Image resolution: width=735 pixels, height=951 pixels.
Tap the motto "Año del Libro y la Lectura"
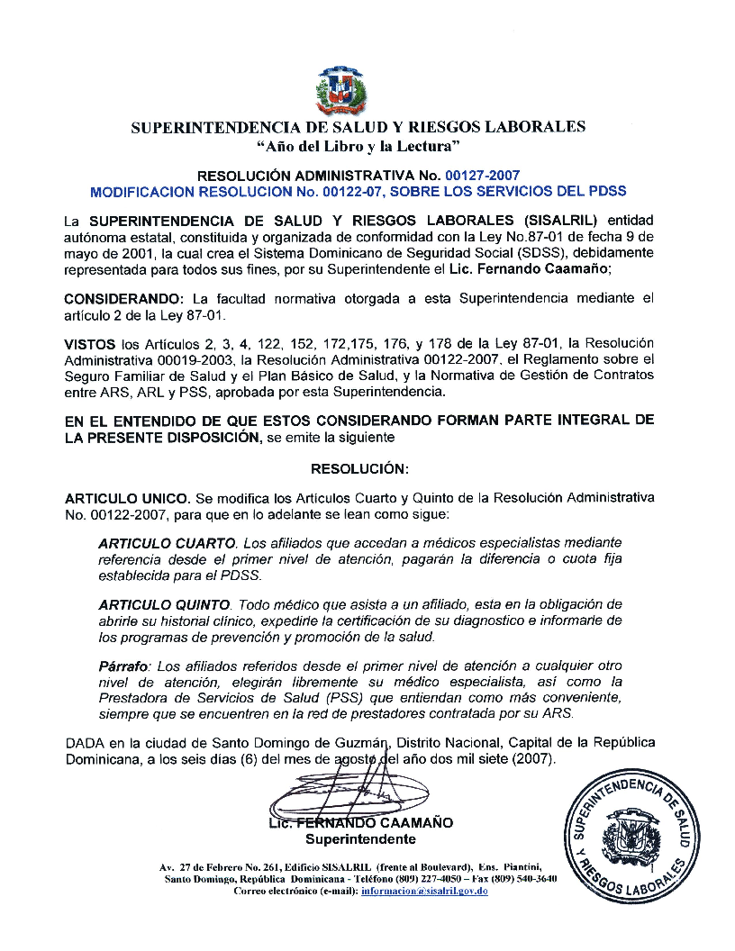tap(358, 145)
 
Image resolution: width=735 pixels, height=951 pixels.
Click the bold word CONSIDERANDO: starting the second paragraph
tap(125, 298)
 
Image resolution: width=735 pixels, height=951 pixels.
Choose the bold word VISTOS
tap(91, 344)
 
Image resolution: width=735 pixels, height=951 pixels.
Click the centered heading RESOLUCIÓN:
tap(359, 469)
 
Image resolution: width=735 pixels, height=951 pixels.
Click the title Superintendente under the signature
tap(360, 840)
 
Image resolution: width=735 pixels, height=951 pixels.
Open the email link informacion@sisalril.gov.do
tap(423, 891)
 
